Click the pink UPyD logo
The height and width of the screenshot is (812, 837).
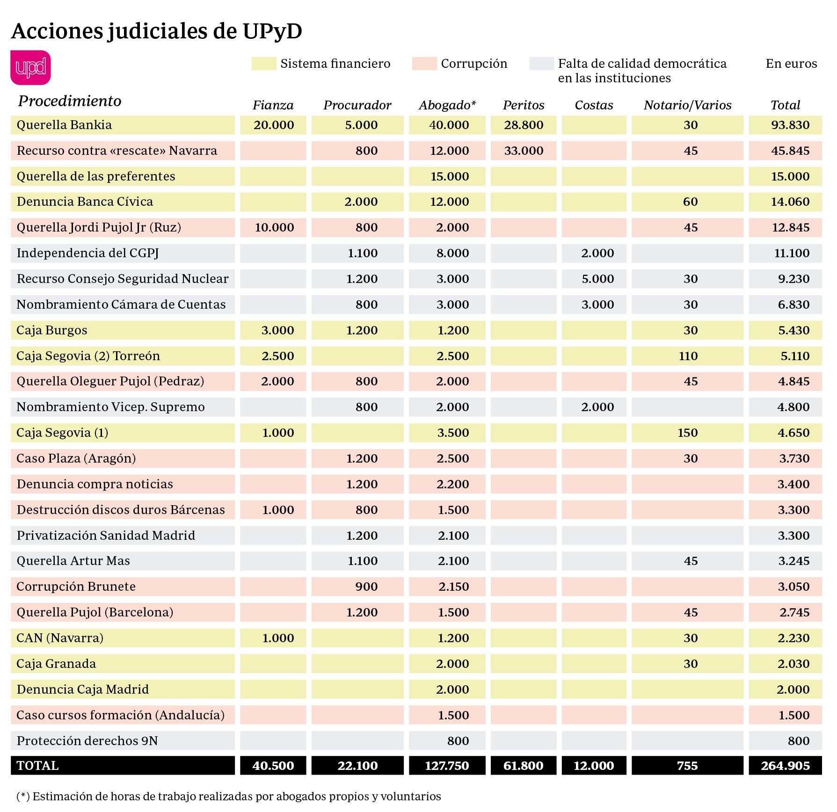click(30, 67)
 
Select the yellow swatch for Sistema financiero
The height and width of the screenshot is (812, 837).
click(264, 64)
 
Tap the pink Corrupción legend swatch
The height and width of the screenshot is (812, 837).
click(424, 64)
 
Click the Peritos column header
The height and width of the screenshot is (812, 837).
click(524, 105)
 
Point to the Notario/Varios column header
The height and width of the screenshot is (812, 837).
click(687, 105)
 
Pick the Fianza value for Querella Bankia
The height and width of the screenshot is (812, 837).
click(274, 125)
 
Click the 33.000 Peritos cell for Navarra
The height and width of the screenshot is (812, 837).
click(524, 151)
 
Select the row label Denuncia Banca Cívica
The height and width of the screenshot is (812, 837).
click(85, 202)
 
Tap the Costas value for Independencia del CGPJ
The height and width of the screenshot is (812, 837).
click(597, 253)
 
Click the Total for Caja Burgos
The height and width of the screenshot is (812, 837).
click(793, 330)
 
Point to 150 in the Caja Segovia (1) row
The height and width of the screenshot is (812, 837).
click(687, 433)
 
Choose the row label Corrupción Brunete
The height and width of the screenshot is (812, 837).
click(76, 587)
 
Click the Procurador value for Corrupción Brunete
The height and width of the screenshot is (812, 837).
click(366, 587)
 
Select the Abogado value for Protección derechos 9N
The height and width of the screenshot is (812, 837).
click(458, 741)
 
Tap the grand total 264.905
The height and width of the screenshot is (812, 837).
click(785, 766)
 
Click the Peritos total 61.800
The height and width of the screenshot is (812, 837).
click(523, 766)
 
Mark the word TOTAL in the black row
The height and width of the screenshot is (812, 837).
click(37, 766)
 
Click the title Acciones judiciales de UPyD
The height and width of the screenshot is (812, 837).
click(157, 31)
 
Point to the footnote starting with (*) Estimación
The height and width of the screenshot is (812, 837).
click(229, 796)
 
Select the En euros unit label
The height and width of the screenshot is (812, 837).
click(791, 64)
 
